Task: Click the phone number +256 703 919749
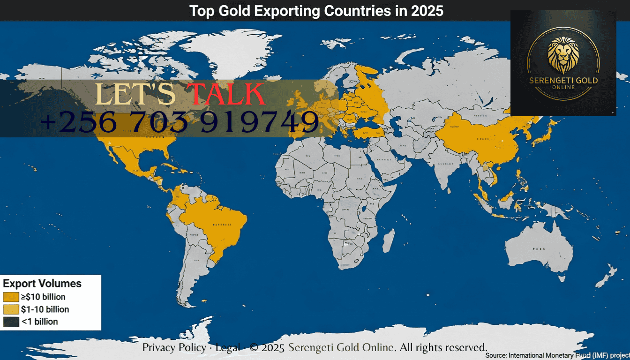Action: [x=180, y=122]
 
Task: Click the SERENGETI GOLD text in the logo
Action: [x=563, y=81]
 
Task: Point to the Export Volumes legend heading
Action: [x=42, y=284]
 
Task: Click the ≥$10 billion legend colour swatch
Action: [x=10, y=297]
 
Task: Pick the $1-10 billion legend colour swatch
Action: [x=10, y=309]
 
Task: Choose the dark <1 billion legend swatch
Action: [x=10, y=322]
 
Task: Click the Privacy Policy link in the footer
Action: [x=174, y=347]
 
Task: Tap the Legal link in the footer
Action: [x=227, y=347]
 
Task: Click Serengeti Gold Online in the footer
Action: [x=341, y=347]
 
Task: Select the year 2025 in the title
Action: [x=427, y=10]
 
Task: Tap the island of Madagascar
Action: [x=388, y=241]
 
